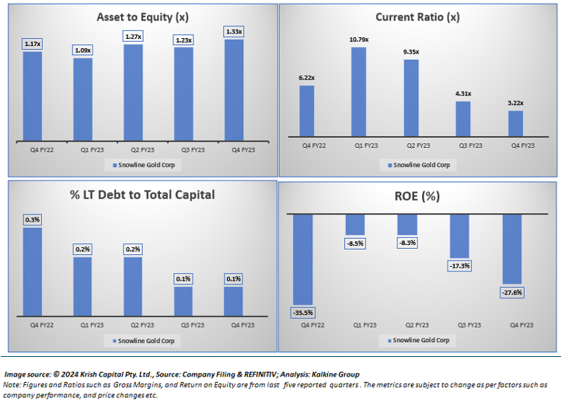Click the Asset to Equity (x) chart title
(x=142, y=17)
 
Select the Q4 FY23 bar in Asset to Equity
(x=233, y=90)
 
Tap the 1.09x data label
(x=83, y=50)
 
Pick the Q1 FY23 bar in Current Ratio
(x=359, y=92)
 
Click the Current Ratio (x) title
(x=417, y=17)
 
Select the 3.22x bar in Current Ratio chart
(x=516, y=123)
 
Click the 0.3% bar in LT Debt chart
(x=33, y=271)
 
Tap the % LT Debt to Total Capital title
(x=142, y=195)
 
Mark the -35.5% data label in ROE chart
(x=302, y=313)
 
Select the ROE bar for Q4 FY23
(x=512, y=249)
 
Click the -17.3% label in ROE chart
(x=460, y=266)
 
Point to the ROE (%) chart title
(x=417, y=196)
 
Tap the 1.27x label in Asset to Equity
(x=133, y=36)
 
